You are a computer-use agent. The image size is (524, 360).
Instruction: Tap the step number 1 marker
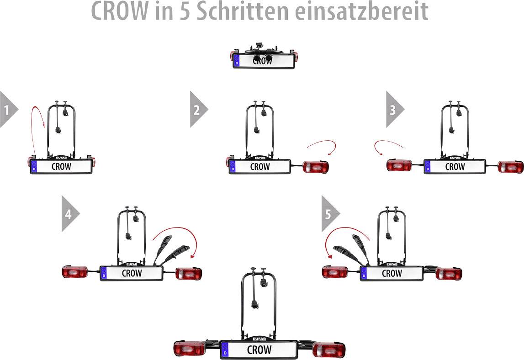coord(7,109)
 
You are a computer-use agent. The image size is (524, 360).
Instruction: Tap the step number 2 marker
coord(197,109)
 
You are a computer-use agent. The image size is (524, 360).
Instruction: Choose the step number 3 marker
coord(394,109)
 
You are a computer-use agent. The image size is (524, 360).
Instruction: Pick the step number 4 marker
coord(69,213)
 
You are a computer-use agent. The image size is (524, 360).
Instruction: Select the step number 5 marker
coord(329,213)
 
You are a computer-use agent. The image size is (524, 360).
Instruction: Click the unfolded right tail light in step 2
coord(316,167)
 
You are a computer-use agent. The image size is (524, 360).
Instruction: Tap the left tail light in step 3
coord(399,165)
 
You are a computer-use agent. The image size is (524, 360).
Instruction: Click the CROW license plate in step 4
coord(132,273)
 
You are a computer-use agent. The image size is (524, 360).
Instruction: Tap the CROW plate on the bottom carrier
coord(259,350)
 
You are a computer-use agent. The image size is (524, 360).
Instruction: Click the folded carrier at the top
coord(264,57)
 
